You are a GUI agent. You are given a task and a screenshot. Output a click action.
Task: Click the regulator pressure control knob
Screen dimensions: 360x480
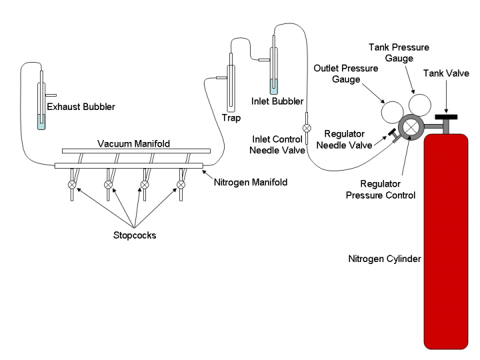point(409,127)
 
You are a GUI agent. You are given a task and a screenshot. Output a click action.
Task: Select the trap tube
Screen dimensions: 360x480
point(231,87)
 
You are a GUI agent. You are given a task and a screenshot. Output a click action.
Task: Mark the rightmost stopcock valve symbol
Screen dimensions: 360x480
point(180,184)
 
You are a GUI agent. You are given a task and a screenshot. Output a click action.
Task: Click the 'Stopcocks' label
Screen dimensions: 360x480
point(134,235)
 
